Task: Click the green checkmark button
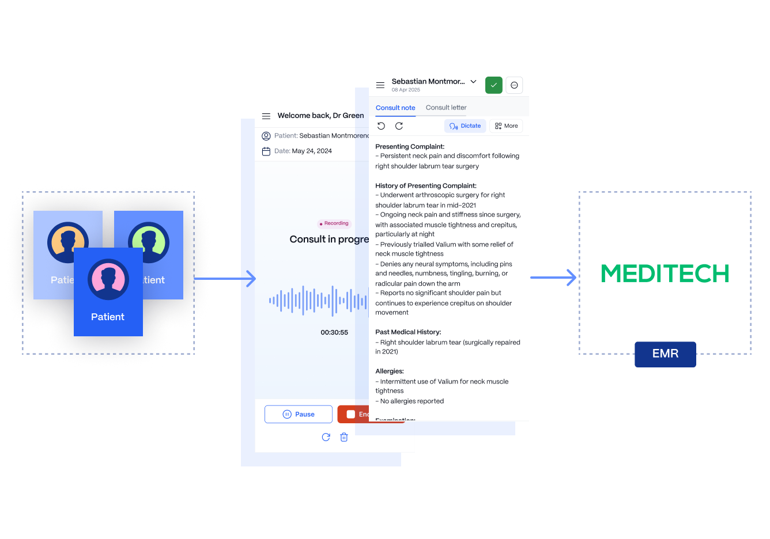pos(494,85)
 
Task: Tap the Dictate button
pos(465,126)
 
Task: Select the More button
pos(506,126)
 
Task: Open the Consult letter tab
pos(446,108)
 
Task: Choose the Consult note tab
pos(395,108)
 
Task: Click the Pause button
pos(299,414)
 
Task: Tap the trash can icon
pos(344,437)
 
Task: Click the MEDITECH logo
pos(665,274)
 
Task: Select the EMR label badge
pos(665,354)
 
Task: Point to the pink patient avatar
pos(108,279)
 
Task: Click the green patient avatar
pos(149,242)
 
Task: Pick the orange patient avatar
pos(67,242)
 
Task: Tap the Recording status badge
pos(334,223)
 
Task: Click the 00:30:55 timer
pos(334,332)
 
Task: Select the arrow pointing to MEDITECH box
pos(554,278)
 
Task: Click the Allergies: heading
pos(390,371)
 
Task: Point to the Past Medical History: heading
pos(408,332)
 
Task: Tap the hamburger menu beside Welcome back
pos(266,116)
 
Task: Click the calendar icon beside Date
pos(266,151)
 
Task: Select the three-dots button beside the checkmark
pos(514,85)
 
